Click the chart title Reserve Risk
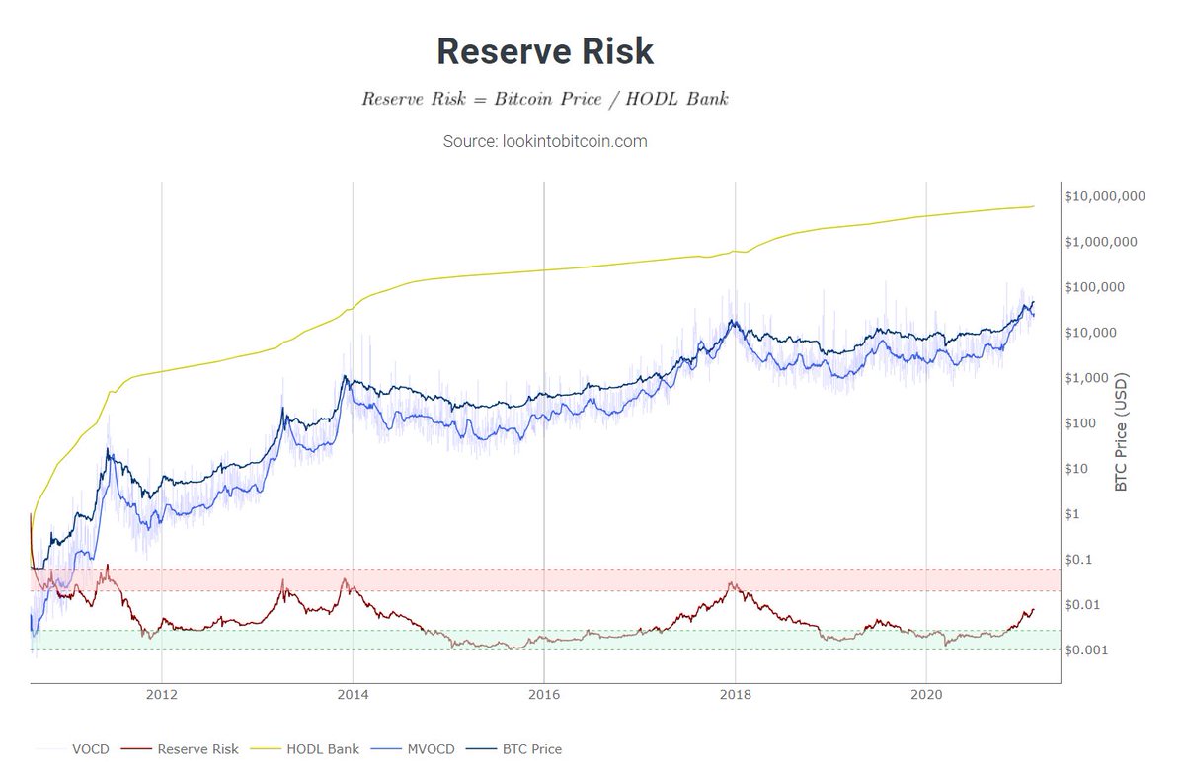point(544,51)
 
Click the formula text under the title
point(544,100)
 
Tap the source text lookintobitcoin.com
point(545,141)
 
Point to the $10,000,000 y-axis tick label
point(1104,196)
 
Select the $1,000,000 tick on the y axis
point(1101,242)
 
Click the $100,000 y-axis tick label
point(1096,287)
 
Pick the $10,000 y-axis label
point(1093,333)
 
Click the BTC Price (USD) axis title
point(1121,432)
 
